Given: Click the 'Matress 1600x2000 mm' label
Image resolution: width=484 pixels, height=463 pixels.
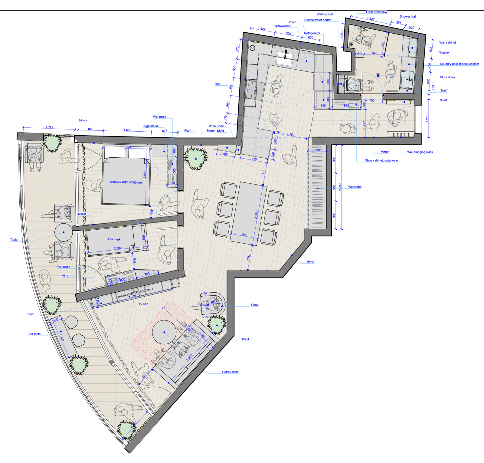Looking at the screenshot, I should [126, 182].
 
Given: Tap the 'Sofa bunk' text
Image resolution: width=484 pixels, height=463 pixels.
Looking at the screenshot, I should [113, 239].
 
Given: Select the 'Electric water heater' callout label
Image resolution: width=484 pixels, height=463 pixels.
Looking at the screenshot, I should [317, 20].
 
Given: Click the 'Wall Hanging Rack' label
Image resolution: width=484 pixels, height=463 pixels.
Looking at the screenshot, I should [420, 152].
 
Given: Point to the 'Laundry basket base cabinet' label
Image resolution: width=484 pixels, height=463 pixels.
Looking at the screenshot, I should [459, 64].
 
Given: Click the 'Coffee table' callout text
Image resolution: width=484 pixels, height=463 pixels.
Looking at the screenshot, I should [230, 372].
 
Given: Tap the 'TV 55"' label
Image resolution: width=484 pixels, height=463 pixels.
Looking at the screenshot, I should [143, 304].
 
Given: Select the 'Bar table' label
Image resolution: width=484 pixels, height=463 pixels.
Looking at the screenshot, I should [34, 334].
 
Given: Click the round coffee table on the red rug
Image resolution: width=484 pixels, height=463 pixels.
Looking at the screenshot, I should [164, 332].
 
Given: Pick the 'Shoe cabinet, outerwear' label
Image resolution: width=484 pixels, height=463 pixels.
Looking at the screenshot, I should [381, 160].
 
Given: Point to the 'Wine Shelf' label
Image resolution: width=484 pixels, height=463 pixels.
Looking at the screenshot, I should [216, 126].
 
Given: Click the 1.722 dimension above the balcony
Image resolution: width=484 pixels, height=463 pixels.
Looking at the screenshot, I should [49, 127].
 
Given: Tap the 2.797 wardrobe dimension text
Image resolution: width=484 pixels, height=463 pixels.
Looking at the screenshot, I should [340, 187].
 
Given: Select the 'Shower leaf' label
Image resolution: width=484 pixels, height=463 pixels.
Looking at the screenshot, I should [407, 17].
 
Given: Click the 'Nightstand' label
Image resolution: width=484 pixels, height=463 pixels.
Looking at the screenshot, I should [150, 126].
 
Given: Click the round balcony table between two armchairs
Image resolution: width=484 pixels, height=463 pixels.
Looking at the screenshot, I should [64, 232].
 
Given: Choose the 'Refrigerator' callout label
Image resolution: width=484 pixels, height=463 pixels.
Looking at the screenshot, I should [312, 33].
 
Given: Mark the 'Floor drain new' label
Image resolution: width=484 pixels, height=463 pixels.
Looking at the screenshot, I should [376, 12].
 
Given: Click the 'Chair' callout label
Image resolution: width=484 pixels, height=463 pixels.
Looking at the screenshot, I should [255, 305].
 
